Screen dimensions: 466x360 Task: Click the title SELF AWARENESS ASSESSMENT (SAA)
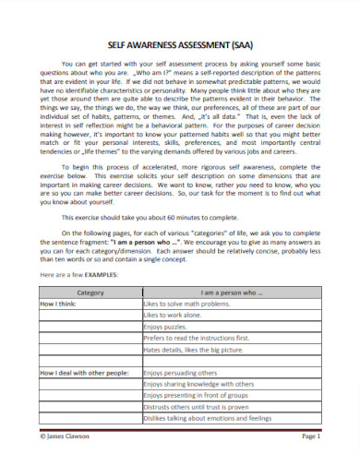[180, 43]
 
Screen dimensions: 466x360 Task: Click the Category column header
[90, 292]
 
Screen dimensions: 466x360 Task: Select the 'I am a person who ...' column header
[231, 292]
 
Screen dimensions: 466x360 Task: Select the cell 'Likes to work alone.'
[173, 316]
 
